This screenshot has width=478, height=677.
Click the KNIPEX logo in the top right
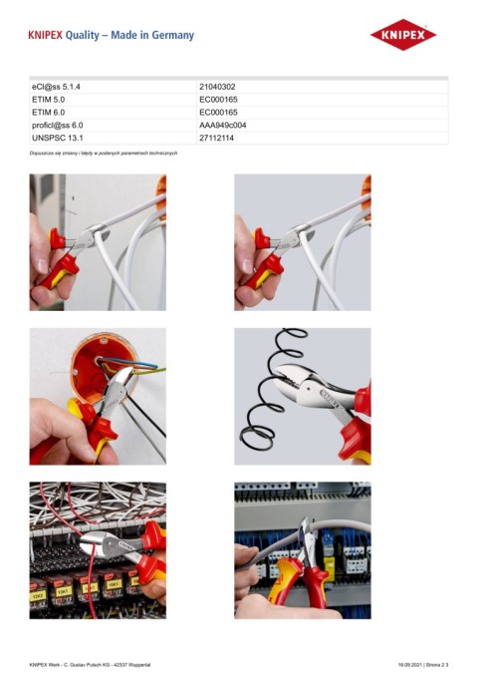(403, 35)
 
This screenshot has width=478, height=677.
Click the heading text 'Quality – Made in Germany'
(129, 35)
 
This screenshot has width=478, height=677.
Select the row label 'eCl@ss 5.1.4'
(57, 88)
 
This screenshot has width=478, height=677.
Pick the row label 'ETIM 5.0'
(49, 101)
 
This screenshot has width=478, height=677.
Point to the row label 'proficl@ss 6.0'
(58, 126)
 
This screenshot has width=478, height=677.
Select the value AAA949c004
(223, 126)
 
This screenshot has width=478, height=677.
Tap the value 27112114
(217, 138)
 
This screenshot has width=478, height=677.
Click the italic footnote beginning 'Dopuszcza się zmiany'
(104, 153)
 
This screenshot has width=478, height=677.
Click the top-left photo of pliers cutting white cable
(98, 242)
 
